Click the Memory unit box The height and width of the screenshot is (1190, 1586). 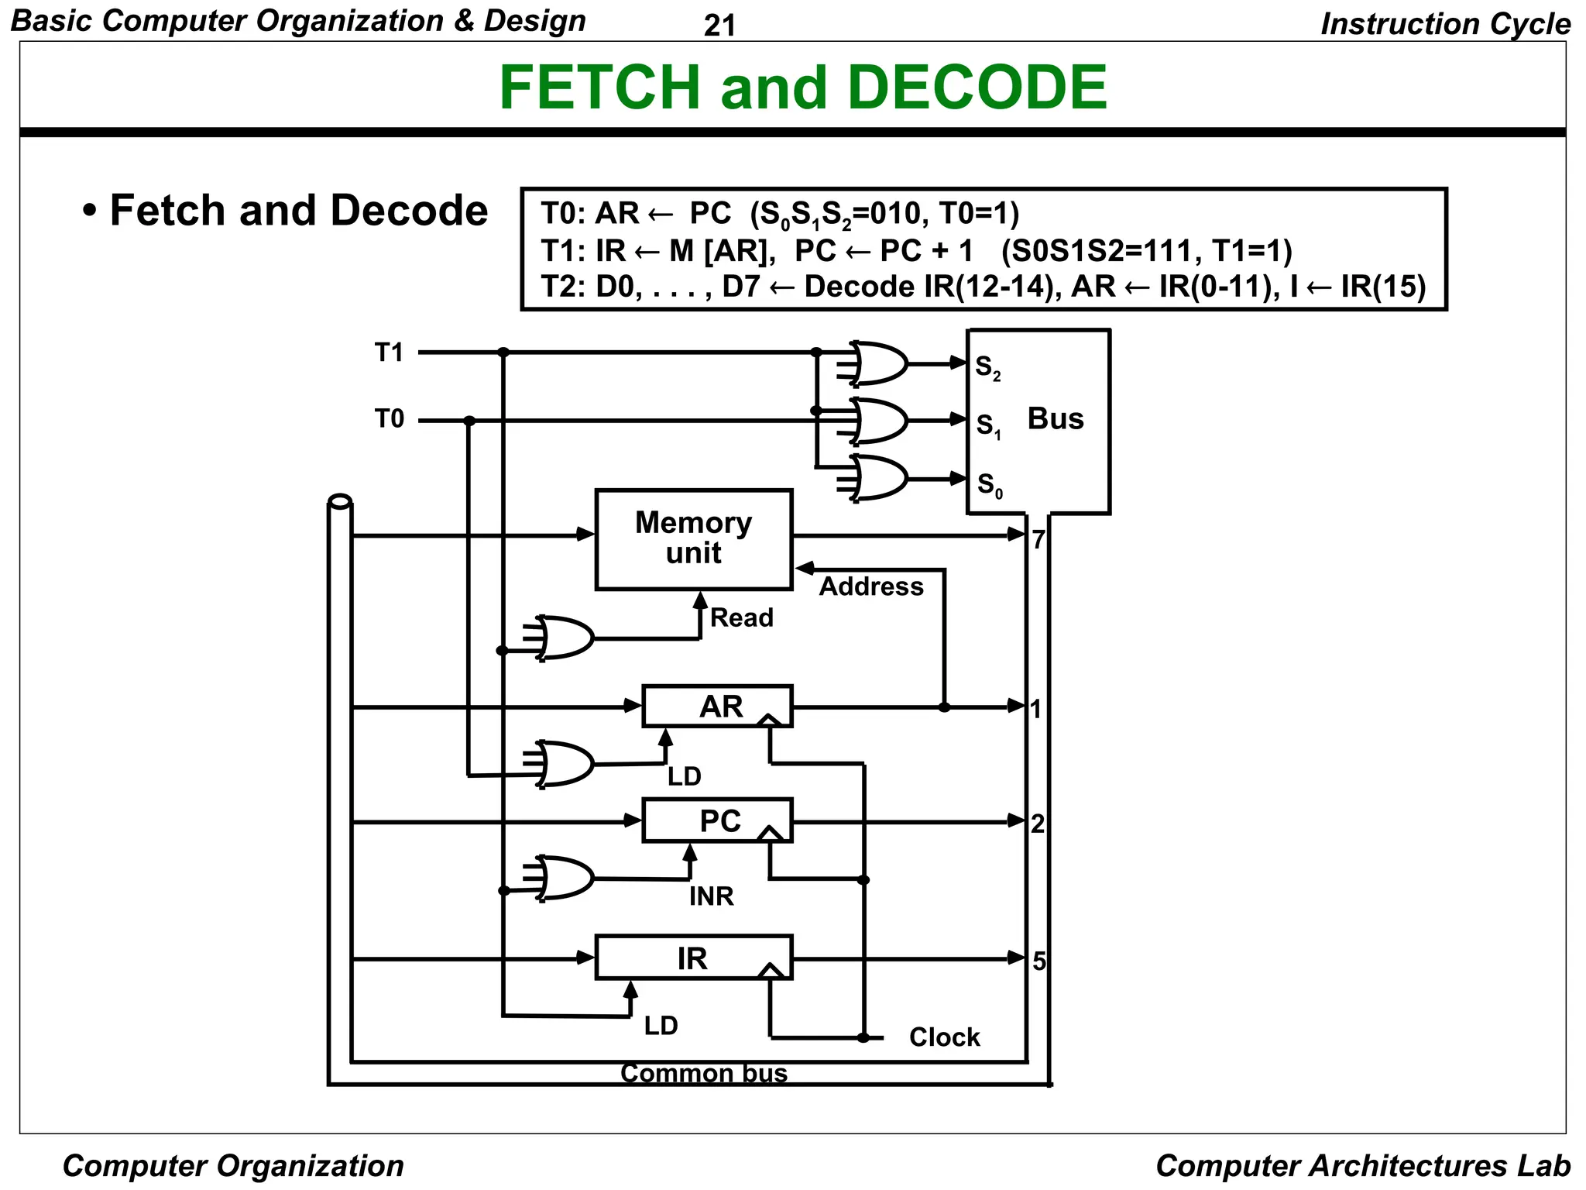tap(693, 539)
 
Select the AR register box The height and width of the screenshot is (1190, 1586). tap(717, 706)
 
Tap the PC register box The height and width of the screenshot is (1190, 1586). tap(717, 820)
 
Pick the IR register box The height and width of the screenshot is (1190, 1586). tap(692, 958)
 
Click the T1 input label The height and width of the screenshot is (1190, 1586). tap(389, 353)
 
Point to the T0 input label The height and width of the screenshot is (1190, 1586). tap(389, 419)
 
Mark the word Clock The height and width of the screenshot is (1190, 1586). tap(944, 1037)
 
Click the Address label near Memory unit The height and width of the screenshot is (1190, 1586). tap(871, 586)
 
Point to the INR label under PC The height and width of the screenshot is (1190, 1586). tap(711, 896)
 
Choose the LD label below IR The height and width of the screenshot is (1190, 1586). tap(661, 1026)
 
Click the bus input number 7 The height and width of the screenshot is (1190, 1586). tap(1038, 539)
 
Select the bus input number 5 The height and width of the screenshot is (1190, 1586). tap(1038, 961)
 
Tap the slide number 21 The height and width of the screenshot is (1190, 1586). tap(719, 26)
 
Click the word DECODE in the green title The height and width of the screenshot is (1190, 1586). tap(977, 87)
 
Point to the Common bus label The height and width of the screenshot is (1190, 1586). tap(703, 1074)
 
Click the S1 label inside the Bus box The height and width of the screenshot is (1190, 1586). tap(988, 425)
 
